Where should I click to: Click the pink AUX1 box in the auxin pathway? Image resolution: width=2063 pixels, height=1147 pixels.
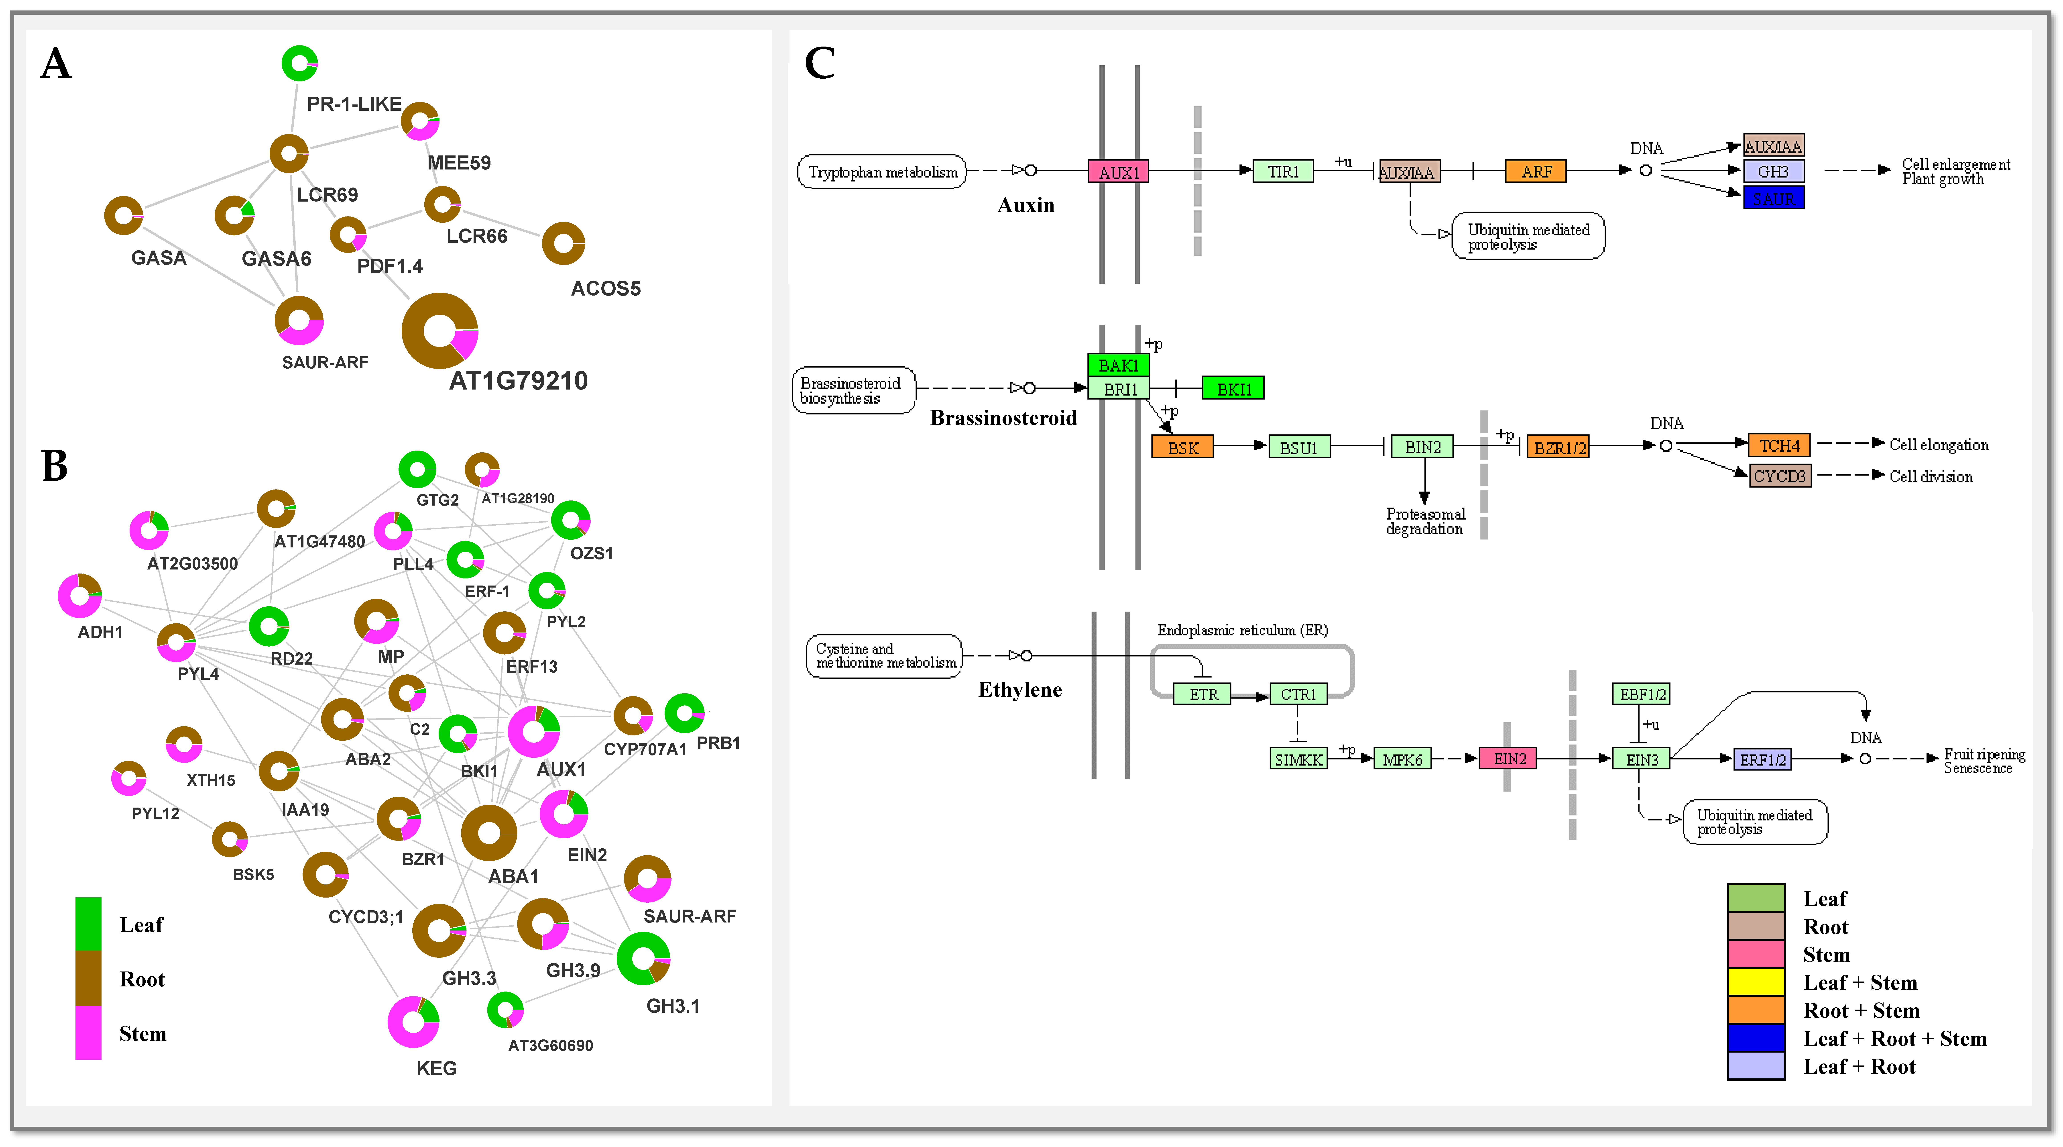pyautogui.click(x=1118, y=171)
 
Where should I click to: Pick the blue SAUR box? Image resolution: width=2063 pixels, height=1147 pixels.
pyautogui.click(x=1773, y=198)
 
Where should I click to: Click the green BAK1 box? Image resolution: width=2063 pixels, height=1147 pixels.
pyautogui.click(x=1118, y=365)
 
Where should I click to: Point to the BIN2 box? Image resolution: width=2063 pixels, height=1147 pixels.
pyautogui.click(x=1422, y=447)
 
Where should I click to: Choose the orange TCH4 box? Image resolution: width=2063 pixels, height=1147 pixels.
pyautogui.click(x=1779, y=445)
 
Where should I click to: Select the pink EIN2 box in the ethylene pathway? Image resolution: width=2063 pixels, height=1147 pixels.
pyautogui.click(x=1509, y=759)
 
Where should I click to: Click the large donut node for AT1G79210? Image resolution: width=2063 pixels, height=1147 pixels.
pyautogui.click(x=440, y=331)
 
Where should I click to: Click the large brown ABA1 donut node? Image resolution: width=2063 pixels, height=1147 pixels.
pyautogui.click(x=488, y=833)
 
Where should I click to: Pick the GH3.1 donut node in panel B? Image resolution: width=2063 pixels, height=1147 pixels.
pyautogui.click(x=643, y=958)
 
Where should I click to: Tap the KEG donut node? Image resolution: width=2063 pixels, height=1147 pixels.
pyautogui.click(x=413, y=1021)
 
